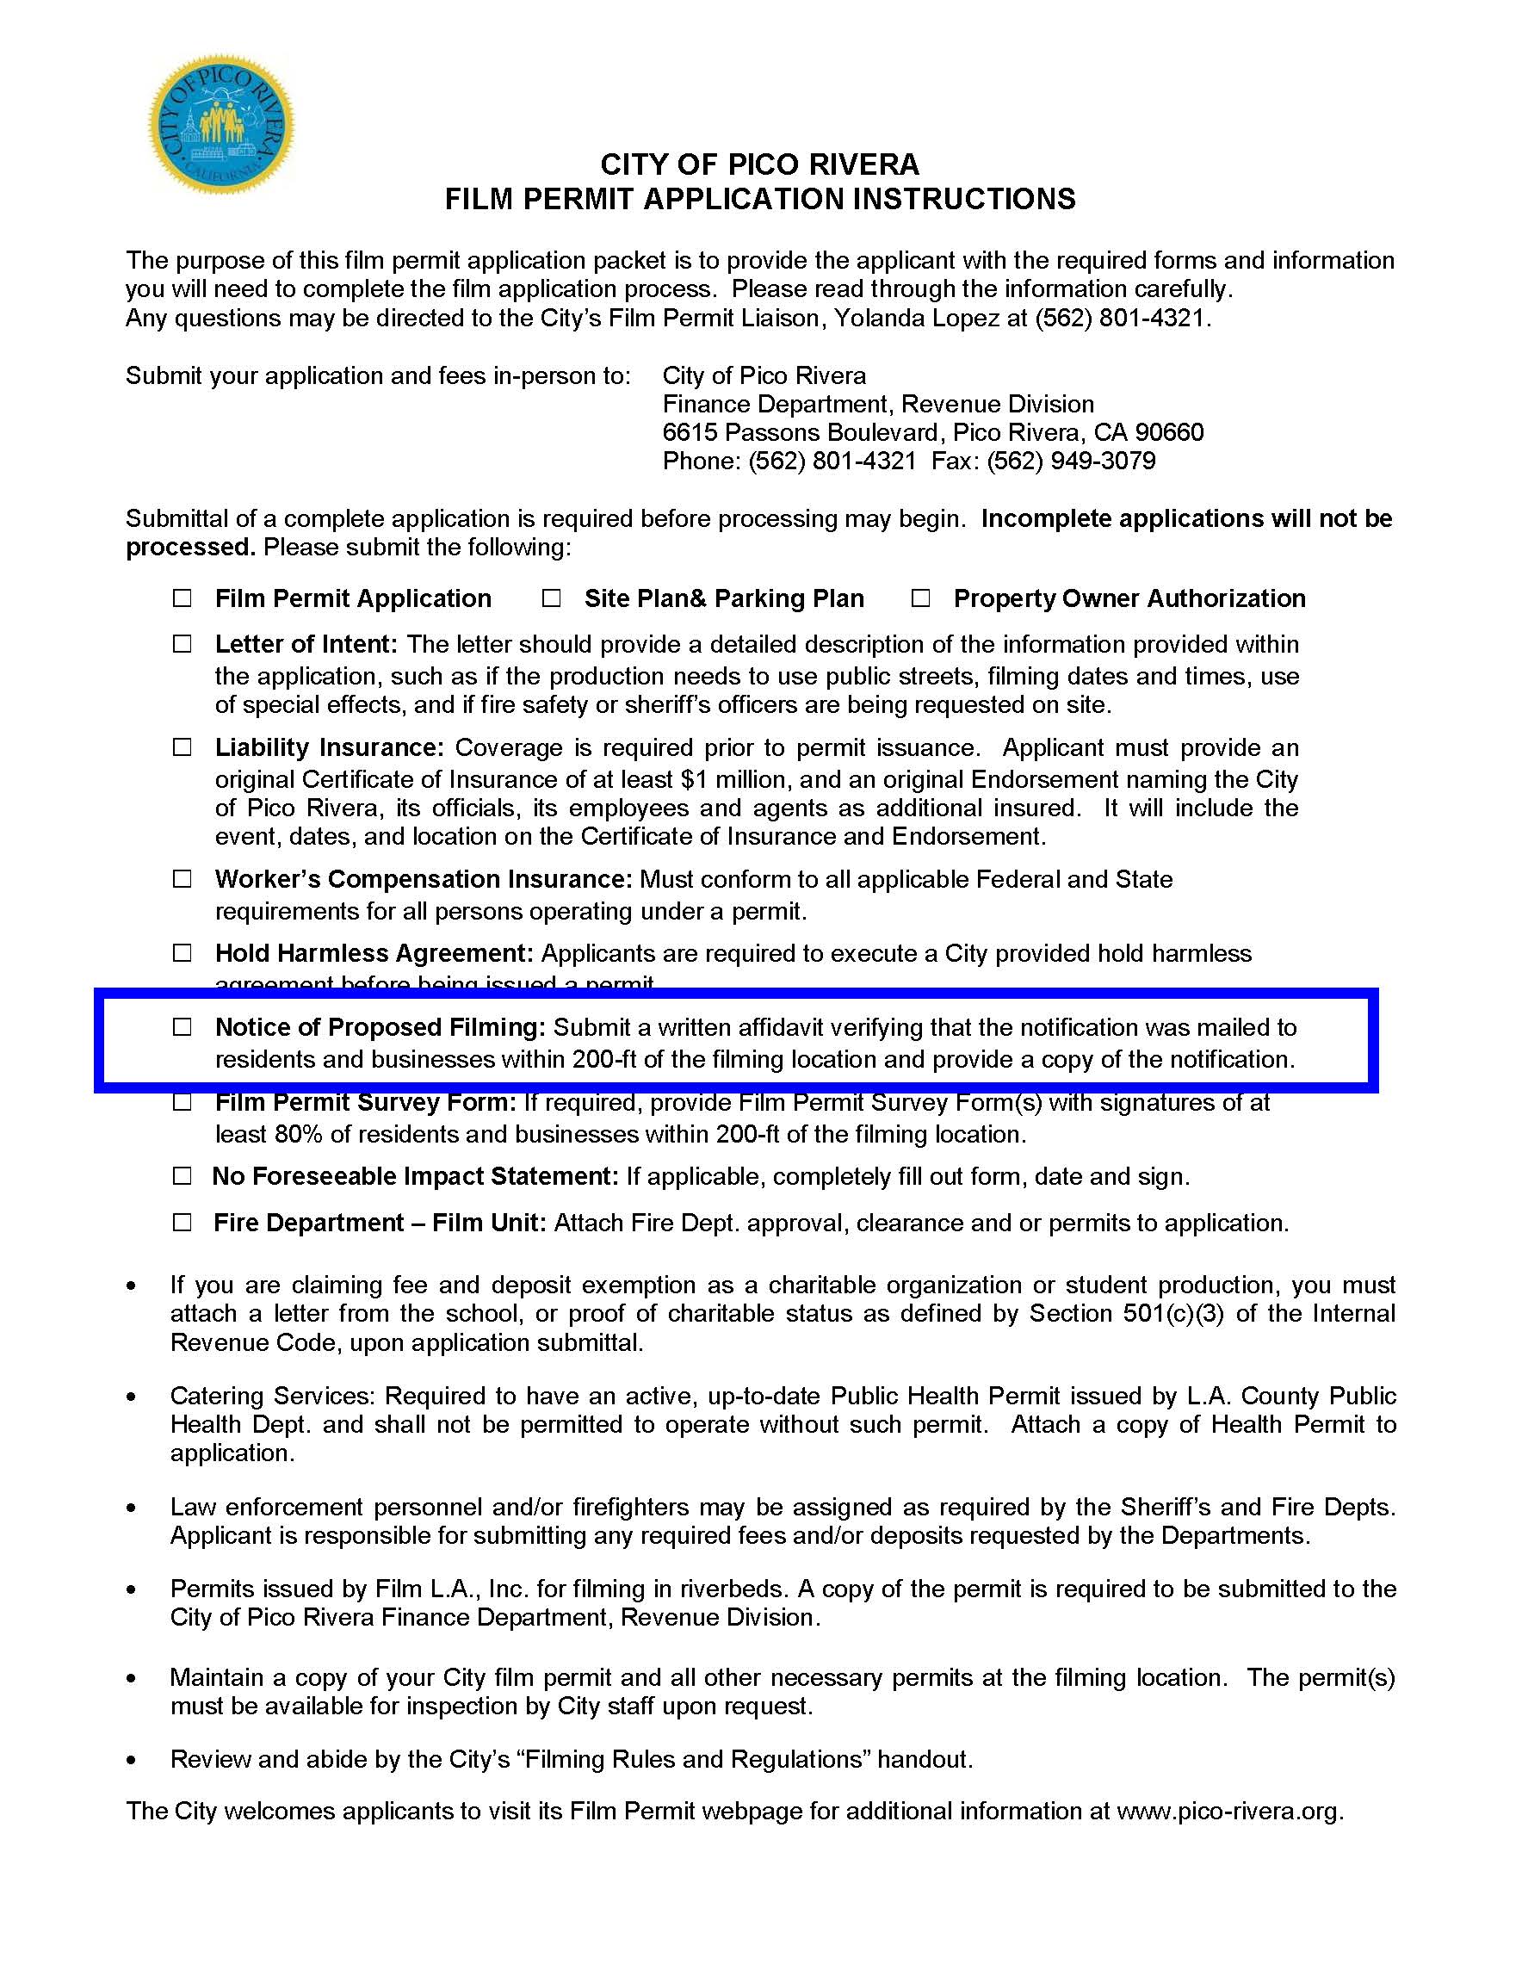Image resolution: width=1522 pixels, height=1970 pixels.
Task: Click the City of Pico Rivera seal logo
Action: coord(221,124)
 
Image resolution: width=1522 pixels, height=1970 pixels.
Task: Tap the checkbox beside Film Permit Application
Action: coord(183,598)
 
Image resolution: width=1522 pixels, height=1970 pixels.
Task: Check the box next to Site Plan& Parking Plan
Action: coord(551,598)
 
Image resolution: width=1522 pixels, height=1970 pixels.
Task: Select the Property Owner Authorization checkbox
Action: coord(919,598)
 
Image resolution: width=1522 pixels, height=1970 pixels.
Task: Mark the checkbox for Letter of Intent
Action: coord(183,644)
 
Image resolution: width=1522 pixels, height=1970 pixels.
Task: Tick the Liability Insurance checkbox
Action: coord(183,746)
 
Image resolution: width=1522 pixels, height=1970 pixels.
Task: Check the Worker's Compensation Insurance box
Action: coord(183,878)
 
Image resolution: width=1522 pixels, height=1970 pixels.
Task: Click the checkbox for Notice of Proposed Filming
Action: coord(183,1026)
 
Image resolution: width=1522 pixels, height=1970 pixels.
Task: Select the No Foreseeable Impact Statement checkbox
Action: coord(183,1176)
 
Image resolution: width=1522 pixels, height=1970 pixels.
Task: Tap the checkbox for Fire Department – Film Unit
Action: coord(183,1223)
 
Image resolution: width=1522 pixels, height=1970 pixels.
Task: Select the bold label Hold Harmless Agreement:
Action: coord(374,953)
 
